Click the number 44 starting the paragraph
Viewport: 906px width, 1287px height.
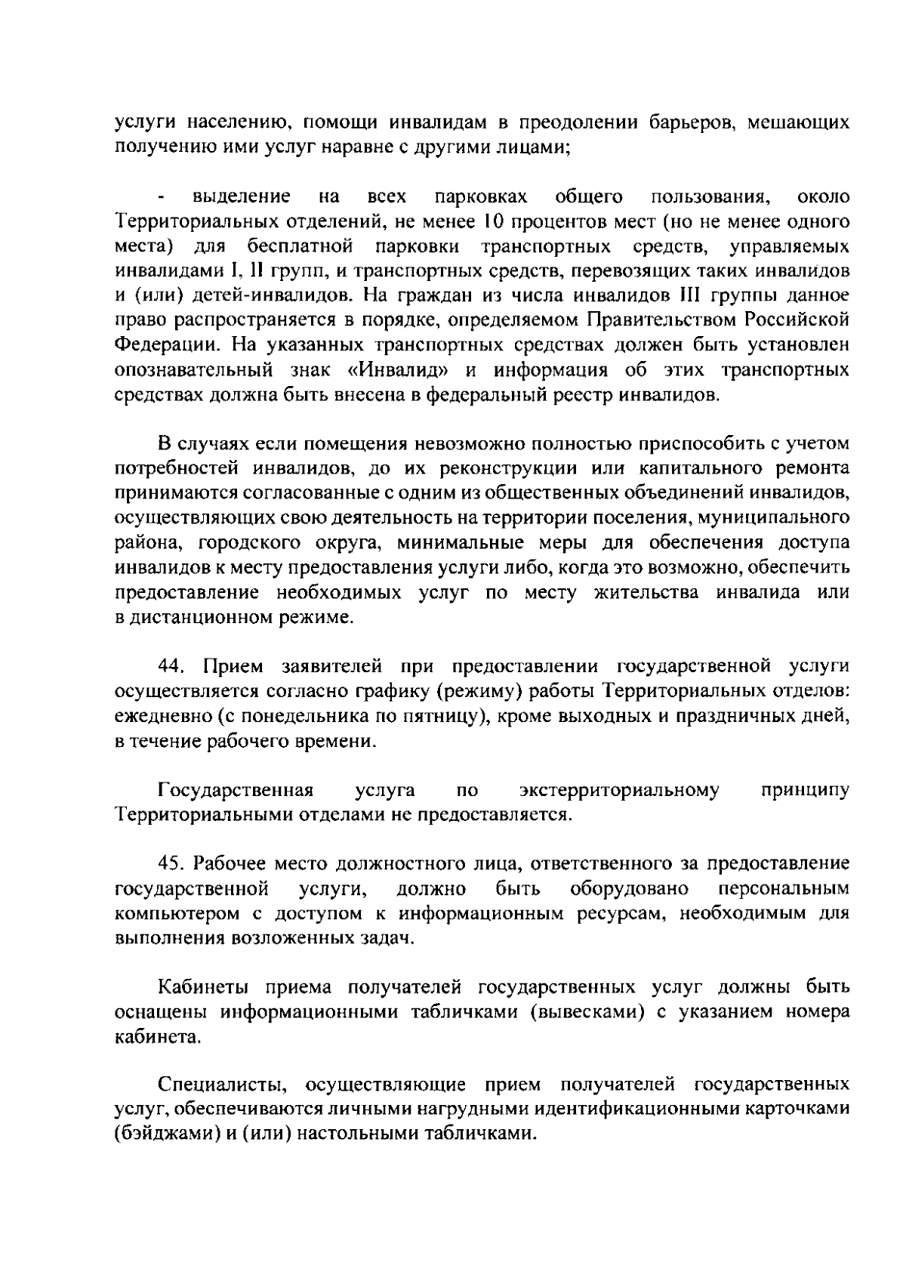172,666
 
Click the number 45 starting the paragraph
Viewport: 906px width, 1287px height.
173,863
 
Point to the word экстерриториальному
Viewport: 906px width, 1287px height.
619,790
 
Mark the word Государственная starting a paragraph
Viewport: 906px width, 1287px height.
236,790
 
